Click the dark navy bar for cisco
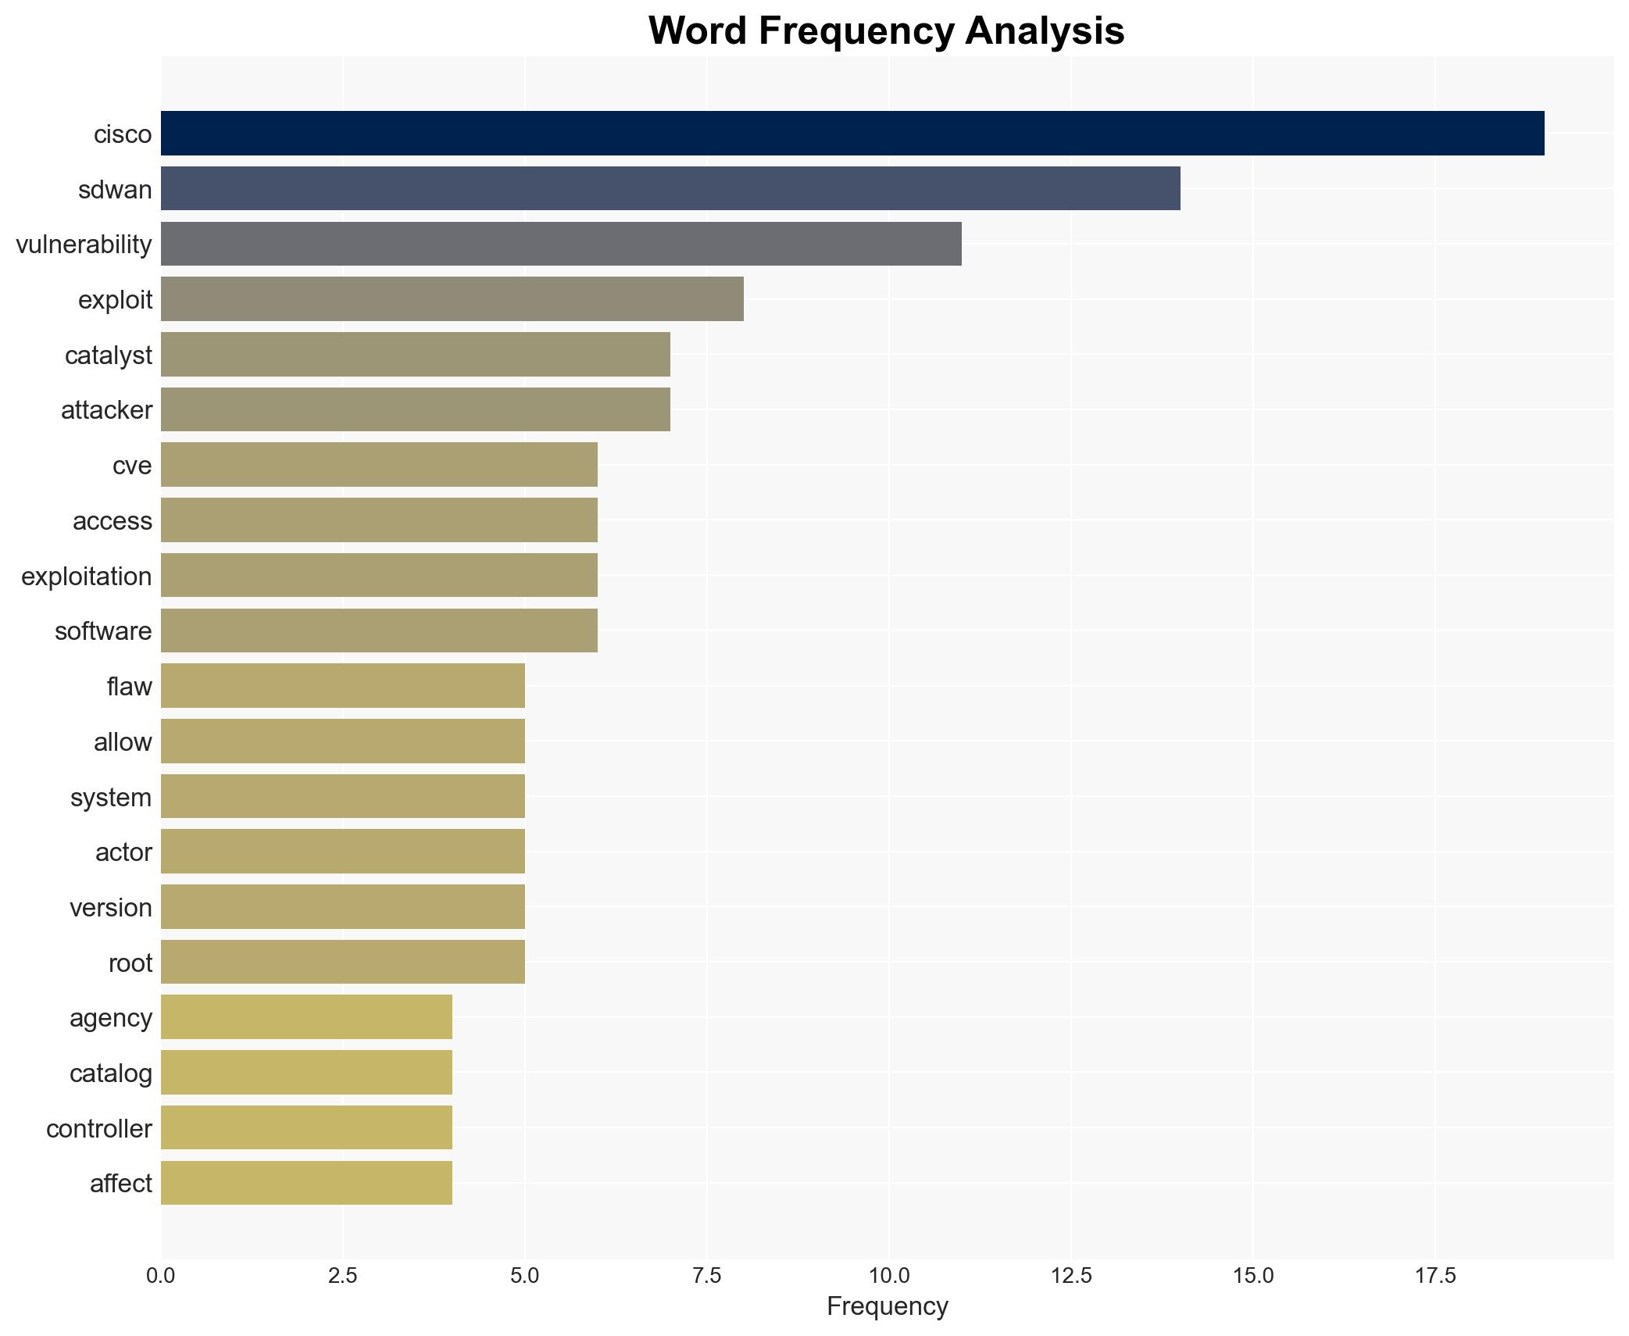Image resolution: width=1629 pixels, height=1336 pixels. [852, 134]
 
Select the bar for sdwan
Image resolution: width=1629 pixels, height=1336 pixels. [670, 189]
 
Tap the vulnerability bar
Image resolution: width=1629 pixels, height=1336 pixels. [561, 244]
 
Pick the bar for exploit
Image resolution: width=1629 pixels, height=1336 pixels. [452, 299]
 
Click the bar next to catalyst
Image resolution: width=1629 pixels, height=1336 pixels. [416, 355]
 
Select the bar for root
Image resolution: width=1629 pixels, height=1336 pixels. [342, 962]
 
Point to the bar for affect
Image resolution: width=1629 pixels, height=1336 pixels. [306, 1183]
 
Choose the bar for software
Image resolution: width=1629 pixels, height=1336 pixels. [379, 630]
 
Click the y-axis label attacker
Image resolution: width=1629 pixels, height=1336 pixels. [107, 410]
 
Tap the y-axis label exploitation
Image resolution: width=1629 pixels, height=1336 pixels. [87, 577]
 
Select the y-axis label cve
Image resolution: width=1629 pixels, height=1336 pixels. [132, 466]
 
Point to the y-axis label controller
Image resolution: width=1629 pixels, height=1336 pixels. [99, 1129]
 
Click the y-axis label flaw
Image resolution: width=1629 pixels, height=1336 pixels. [130, 687]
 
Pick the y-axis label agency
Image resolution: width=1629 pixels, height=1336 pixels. [111, 1018]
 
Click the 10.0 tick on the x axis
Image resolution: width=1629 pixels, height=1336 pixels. [888, 1276]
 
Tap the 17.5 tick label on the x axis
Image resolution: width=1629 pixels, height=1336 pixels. [1434, 1276]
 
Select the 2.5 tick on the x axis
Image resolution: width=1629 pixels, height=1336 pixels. [342, 1276]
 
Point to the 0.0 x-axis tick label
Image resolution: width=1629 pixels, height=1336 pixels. [161, 1276]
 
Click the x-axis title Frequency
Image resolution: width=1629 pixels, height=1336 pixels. [887, 1306]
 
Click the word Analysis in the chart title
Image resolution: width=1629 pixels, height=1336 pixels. [1045, 31]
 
